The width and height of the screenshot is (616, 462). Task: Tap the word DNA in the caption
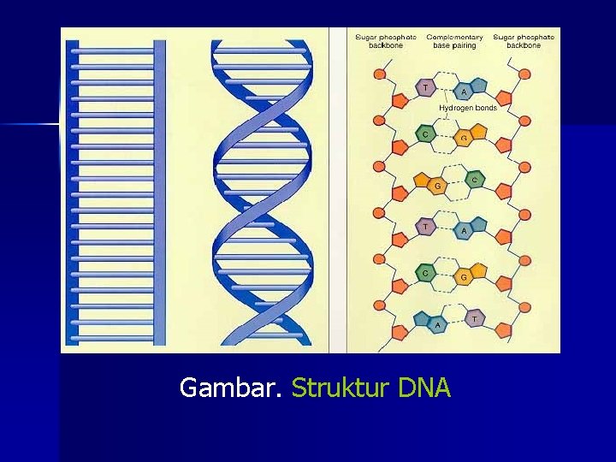pos(423,388)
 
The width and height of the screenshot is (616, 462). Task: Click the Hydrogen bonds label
pos(468,109)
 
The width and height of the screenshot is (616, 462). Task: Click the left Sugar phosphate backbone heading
pos(386,41)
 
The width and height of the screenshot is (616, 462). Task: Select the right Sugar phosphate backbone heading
pos(524,41)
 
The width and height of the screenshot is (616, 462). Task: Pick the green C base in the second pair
pos(424,134)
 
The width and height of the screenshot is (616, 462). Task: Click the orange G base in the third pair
pos(437,184)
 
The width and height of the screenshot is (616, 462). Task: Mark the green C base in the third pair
pos(474,180)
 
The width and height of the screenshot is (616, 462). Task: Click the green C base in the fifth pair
pos(424,273)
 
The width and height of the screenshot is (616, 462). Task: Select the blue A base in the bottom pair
pos(437,323)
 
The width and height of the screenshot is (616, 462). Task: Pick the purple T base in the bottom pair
pos(475,319)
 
